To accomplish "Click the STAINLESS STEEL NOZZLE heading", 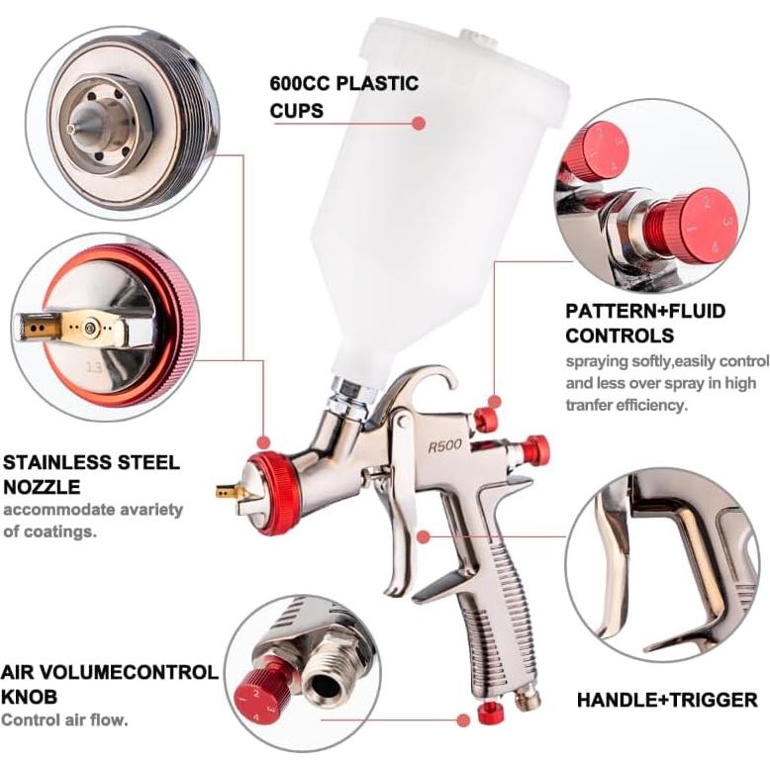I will coord(91,474).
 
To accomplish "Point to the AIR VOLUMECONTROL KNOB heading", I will coord(109,683).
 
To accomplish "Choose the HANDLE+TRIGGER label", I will coord(666,700).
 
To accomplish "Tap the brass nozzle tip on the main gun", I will coord(227,490).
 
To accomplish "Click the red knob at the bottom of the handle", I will coord(486,712).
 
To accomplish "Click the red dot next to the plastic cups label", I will coord(419,124).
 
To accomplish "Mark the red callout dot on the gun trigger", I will coord(423,537).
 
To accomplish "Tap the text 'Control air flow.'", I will coord(64,720).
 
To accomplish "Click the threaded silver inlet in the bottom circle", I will coord(330,682).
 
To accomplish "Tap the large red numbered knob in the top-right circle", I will coord(701,225).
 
